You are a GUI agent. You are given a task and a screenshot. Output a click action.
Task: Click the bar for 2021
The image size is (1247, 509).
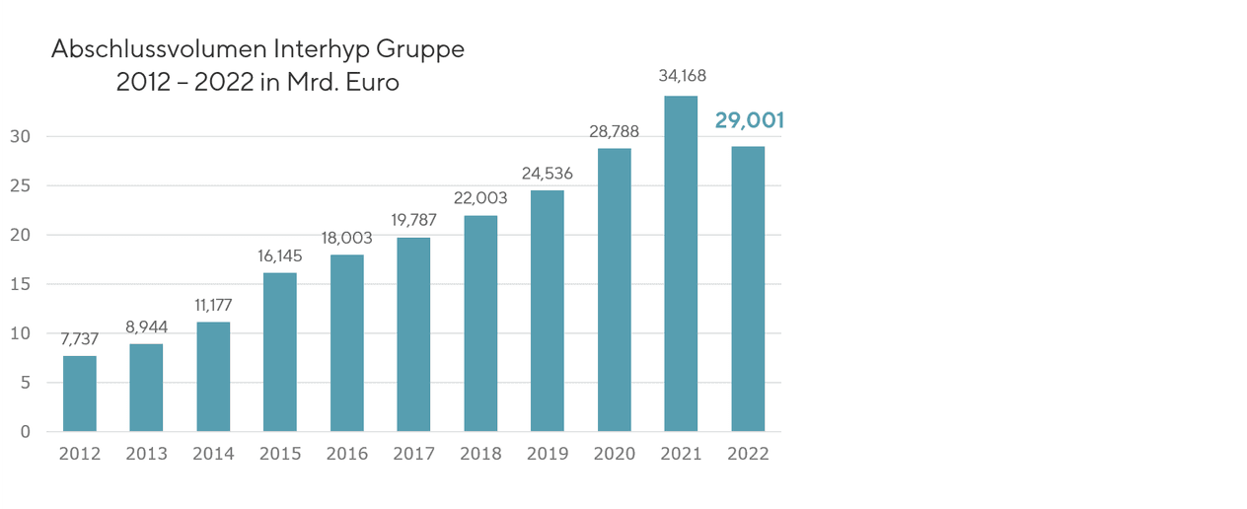pyautogui.click(x=681, y=263)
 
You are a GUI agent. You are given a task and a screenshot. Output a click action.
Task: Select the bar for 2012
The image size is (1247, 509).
pyautogui.click(x=80, y=394)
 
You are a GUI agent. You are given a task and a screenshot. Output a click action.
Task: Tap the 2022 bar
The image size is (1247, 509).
pyautogui.click(x=748, y=289)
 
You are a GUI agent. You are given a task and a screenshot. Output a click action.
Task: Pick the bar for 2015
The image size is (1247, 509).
pyautogui.click(x=280, y=352)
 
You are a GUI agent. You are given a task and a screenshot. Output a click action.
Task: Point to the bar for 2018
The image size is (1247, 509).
pyautogui.click(x=480, y=324)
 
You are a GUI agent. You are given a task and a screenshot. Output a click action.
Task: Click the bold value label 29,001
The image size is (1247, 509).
pyautogui.click(x=749, y=121)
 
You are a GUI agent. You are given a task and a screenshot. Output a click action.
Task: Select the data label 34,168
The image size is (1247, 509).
pyautogui.click(x=681, y=75)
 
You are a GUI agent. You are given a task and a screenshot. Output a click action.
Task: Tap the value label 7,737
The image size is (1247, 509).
pyautogui.click(x=80, y=339)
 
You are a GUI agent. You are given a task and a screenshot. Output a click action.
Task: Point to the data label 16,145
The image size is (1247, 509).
pyautogui.click(x=280, y=255)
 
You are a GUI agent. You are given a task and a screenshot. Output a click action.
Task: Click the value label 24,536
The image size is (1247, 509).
pyautogui.click(x=548, y=174)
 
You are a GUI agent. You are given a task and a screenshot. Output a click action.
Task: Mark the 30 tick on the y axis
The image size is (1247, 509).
pyautogui.click(x=20, y=136)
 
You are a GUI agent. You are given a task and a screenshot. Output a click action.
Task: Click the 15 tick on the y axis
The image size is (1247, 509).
pyautogui.click(x=20, y=284)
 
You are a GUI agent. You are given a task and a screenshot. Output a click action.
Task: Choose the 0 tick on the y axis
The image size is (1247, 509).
pyautogui.click(x=25, y=432)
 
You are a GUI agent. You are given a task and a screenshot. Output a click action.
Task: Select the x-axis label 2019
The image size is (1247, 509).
pyautogui.click(x=548, y=454)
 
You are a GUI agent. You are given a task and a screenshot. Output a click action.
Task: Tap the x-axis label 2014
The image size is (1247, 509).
pyautogui.click(x=213, y=454)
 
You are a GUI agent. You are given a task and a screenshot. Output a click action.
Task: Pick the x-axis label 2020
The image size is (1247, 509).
pyautogui.click(x=614, y=454)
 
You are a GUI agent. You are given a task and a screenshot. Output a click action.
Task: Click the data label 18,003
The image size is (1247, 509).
pyautogui.click(x=347, y=238)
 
